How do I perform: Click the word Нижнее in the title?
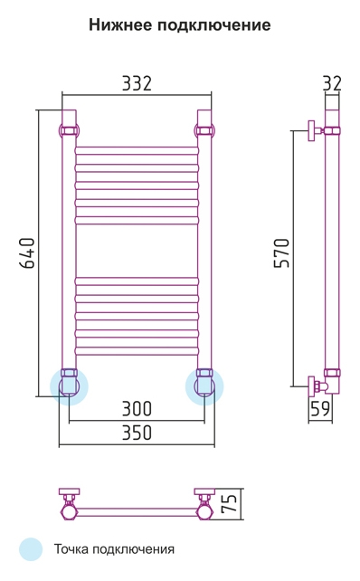[120, 25]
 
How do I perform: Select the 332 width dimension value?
[137, 83]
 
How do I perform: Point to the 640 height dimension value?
[27, 252]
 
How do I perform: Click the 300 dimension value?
[137, 409]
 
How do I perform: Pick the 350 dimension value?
[137, 433]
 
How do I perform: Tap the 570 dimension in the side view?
[281, 252]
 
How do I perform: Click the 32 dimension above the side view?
[332, 83]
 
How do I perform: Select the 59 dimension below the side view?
[320, 409]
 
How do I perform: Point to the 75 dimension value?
[229, 503]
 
